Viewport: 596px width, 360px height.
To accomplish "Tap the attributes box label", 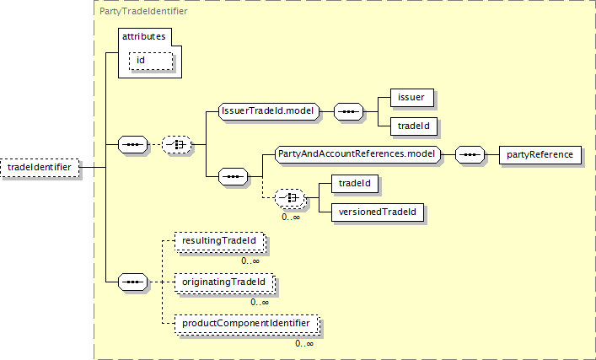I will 144,37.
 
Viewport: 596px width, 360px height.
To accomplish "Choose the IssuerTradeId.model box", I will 267,111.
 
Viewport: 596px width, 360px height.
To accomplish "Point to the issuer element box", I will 411,98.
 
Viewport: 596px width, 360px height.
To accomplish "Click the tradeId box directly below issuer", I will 411,126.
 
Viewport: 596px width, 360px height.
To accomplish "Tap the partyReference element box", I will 539,155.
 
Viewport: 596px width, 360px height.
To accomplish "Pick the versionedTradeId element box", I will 376,211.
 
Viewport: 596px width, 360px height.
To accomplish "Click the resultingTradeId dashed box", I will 218,241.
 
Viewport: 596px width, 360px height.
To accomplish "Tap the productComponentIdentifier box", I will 246,323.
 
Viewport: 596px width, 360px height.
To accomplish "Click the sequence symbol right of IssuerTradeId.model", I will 348,111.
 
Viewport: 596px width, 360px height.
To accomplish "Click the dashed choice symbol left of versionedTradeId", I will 292,197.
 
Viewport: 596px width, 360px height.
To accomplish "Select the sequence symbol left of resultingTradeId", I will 133,281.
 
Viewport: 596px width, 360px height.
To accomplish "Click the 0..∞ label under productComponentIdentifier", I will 304,343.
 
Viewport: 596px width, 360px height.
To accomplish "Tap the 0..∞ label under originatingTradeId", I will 260,302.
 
